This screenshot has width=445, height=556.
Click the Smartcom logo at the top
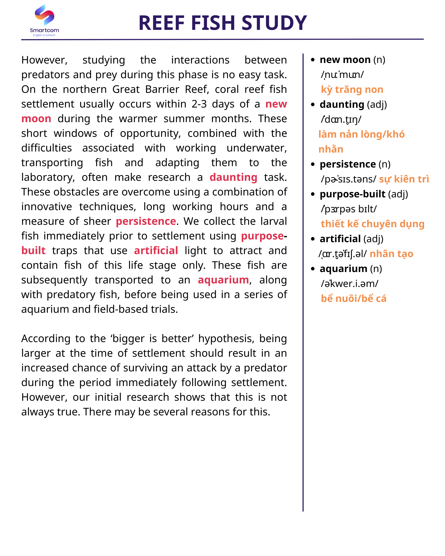45,21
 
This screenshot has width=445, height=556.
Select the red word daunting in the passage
233,177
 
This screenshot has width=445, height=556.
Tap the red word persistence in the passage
146,221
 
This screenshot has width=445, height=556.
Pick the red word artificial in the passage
156,251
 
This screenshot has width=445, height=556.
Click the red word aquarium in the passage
223,280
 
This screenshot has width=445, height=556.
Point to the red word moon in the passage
36,119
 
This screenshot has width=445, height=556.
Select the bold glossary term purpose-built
352,194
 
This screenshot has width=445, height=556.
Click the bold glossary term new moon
345,60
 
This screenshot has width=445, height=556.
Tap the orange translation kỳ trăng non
352,90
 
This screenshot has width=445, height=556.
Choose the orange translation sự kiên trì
404,179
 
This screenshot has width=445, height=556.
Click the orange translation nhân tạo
391,254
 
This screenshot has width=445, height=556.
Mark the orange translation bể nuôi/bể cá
353,299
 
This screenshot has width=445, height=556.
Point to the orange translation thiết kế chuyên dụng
373,224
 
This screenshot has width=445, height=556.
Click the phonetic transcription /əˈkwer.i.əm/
349,284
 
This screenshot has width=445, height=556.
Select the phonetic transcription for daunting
341,119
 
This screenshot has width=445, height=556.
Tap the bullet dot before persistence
313,164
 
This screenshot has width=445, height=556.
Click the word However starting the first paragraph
44,60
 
